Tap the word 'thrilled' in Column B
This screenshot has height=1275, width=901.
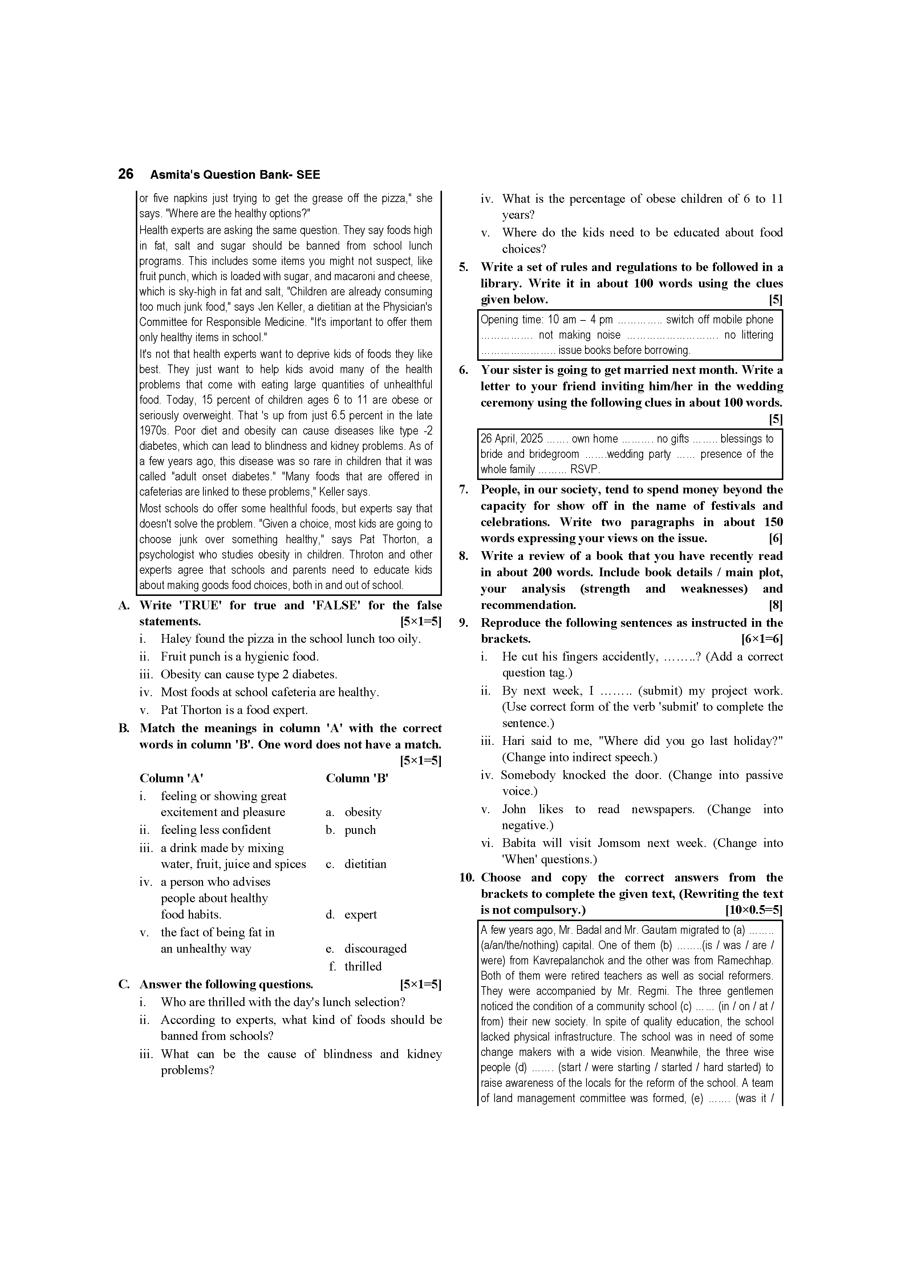click(x=363, y=966)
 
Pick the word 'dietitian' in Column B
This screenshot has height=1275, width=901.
click(x=365, y=864)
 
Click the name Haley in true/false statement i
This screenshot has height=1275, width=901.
click(x=175, y=639)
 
